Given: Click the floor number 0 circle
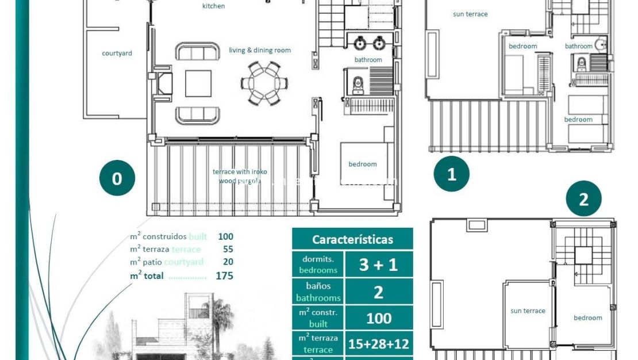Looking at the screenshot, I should tap(117, 178).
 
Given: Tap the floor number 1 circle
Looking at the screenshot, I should tap(451, 174).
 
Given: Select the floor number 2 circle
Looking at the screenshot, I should tap(583, 200).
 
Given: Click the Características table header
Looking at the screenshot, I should tap(352, 239).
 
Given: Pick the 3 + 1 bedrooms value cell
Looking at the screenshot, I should tap(378, 265).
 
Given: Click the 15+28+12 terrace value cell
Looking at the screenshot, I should tap(378, 344).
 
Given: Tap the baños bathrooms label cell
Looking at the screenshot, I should tap(318, 292).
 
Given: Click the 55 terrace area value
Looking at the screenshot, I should tap(228, 249).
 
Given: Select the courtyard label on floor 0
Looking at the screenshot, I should tap(117, 53).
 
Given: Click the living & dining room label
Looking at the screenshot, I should tap(260, 51).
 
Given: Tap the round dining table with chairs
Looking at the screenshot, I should tap(264, 83).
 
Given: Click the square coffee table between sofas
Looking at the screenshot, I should tap(198, 83).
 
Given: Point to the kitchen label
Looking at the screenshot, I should tap(213, 6).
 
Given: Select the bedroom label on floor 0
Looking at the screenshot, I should tap(363, 164).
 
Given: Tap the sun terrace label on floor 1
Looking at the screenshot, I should tap(470, 14).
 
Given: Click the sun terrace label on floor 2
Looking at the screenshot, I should tap(528, 311).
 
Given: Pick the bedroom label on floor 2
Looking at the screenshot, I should tap(587, 318).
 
